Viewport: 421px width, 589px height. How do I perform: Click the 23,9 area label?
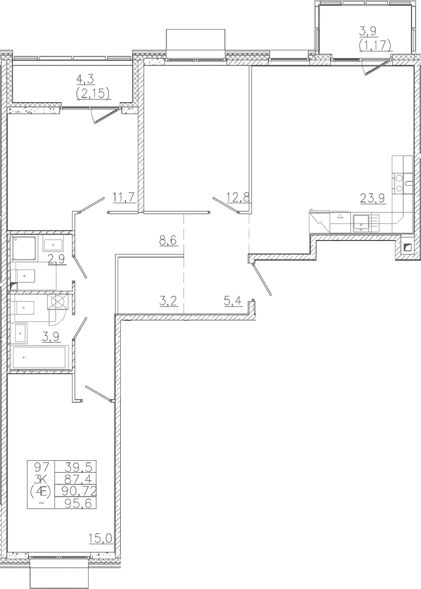(373, 198)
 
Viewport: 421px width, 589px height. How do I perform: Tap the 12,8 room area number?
(238, 197)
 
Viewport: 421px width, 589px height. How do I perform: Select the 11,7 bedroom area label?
(124, 197)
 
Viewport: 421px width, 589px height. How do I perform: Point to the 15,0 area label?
(101, 539)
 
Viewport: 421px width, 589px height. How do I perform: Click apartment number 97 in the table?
(42, 467)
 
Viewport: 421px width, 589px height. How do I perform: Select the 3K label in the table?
(41, 479)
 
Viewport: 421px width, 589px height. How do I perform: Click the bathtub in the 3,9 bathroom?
(39, 357)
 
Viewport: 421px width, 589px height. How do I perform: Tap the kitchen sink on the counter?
(362, 223)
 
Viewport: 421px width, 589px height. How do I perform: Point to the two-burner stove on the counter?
(397, 183)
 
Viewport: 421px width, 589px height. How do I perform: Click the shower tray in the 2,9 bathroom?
(24, 248)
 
